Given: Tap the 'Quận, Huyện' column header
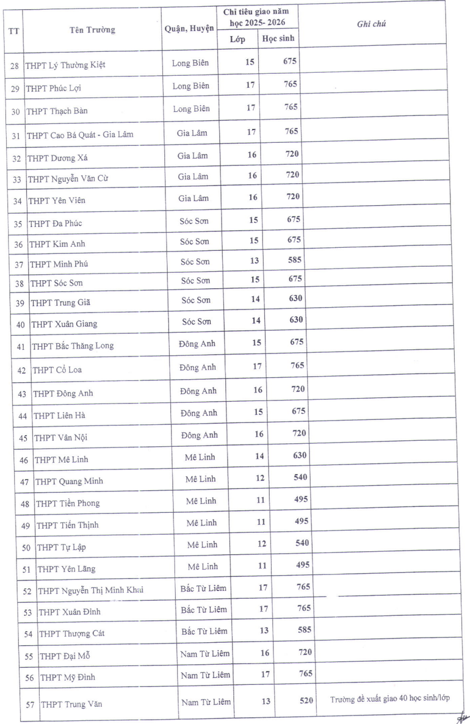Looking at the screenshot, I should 189,29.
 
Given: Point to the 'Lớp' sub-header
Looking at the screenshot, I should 237,40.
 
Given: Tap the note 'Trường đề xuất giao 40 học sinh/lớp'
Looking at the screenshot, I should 390,698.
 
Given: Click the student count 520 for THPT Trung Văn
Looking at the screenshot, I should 306,700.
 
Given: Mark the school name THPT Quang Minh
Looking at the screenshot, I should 69,481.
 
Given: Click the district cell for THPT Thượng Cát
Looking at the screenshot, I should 204,631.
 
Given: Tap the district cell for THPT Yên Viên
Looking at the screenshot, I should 193,198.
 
